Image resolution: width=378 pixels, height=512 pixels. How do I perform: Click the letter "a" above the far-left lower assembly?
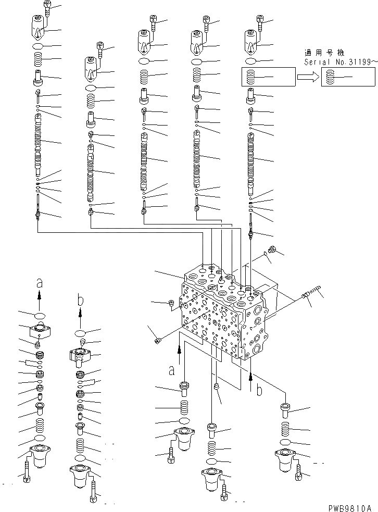(40, 283)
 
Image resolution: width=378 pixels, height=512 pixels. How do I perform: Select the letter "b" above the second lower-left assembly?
(80, 300)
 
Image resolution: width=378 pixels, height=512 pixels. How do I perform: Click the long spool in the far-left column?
(39, 143)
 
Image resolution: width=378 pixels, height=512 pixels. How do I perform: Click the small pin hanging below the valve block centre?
(216, 386)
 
